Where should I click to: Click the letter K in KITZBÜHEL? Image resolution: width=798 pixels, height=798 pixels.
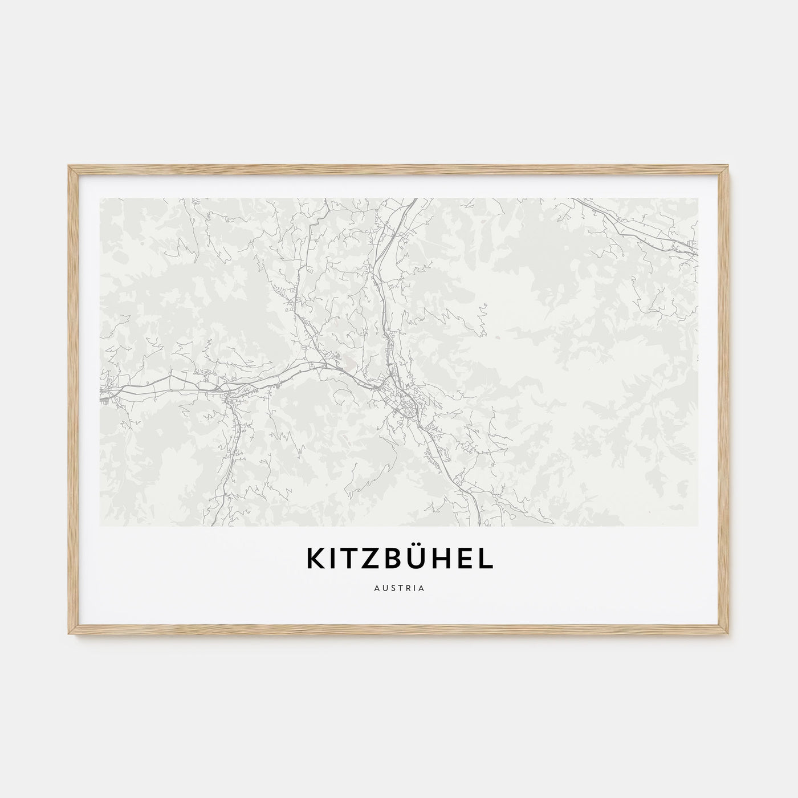click(x=315, y=559)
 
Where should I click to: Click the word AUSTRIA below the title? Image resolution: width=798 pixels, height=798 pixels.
click(x=399, y=588)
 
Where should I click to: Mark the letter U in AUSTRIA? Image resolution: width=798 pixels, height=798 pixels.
click(x=384, y=588)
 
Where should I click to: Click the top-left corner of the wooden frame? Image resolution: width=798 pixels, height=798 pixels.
click(x=68, y=166)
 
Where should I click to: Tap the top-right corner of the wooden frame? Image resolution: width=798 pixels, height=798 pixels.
click(x=730, y=166)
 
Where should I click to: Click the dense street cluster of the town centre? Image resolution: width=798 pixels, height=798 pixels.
click(x=402, y=399)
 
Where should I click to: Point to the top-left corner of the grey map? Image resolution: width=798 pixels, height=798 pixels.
click(x=100, y=198)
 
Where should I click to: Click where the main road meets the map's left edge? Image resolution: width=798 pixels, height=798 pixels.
click(x=101, y=393)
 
